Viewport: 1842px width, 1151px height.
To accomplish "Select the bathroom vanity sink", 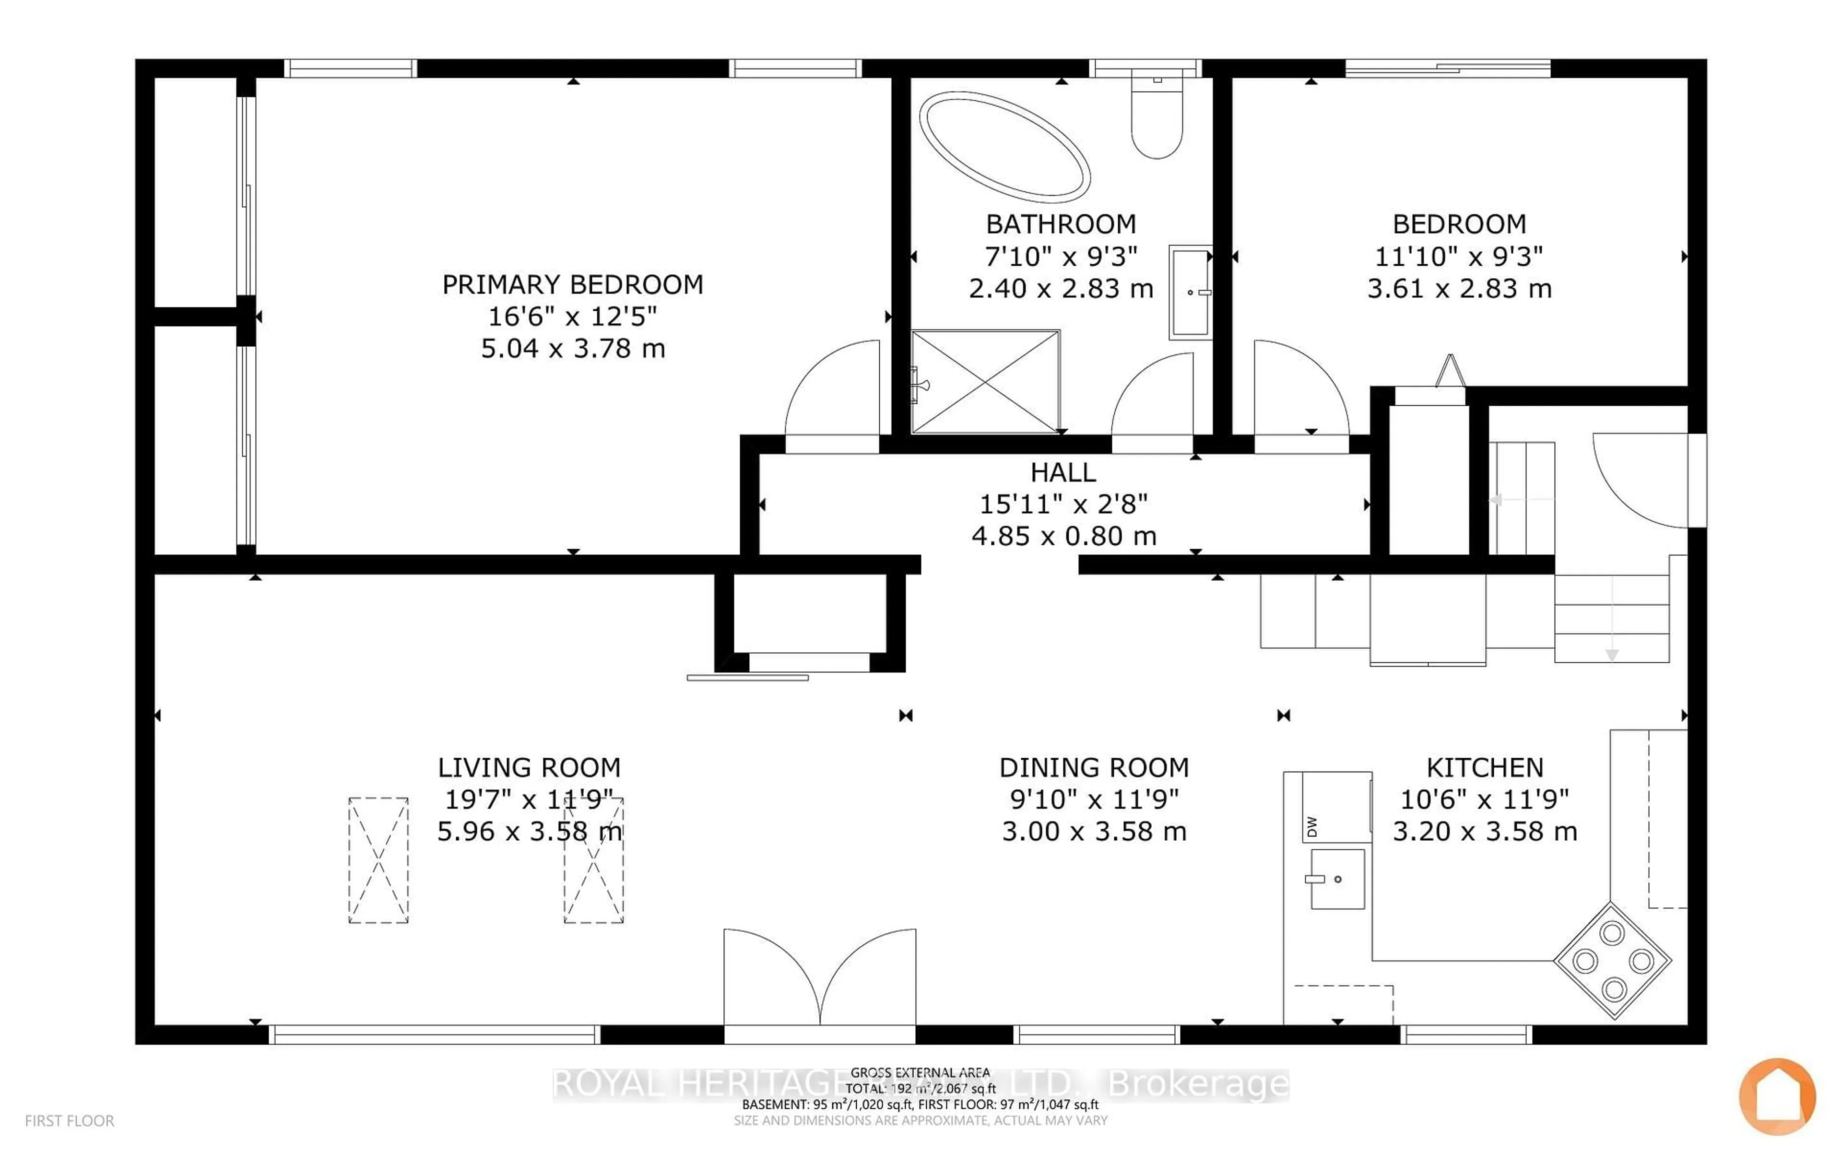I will (x=1190, y=292).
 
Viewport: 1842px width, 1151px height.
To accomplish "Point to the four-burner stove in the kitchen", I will (x=1612, y=960).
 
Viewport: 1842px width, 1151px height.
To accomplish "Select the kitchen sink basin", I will (x=1336, y=879).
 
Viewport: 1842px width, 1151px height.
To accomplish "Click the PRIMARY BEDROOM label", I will (x=572, y=285).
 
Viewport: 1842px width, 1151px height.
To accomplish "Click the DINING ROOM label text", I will (x=1094, y=767).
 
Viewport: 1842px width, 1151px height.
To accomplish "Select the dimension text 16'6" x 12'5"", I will (x=572, y=316).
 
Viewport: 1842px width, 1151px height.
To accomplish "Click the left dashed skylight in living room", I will (x=378, y=860).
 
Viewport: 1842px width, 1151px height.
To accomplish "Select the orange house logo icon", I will (x=1777, y=1096).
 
